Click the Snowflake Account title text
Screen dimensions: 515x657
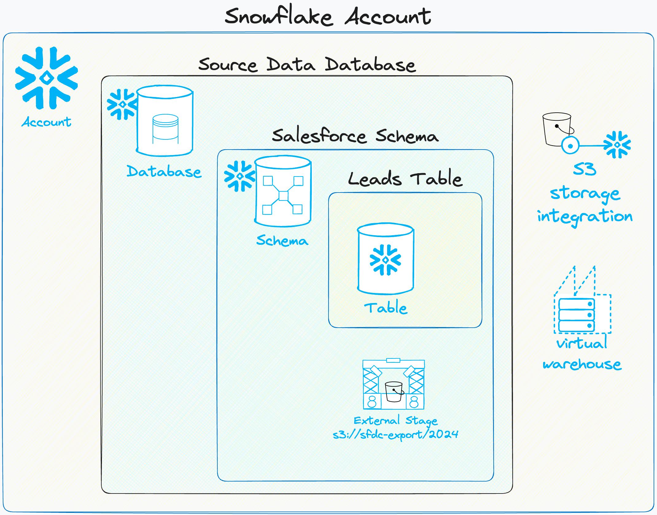click(328, 17)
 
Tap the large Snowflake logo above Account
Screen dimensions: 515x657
click(46, 78)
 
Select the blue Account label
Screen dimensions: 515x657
click(46, 122)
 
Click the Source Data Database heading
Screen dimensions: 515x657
click(307, 64)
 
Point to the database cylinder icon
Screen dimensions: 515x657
click(165, 121)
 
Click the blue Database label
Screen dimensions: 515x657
click(164, 171)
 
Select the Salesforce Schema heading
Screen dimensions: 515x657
click(355, 136)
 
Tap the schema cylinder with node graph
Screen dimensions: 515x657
click(283, 191)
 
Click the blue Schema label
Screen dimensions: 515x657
click(282, 240)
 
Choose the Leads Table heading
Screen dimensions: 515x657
click(405, 179)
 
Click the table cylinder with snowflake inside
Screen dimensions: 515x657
click(386, 259)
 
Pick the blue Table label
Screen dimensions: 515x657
click(386, 308)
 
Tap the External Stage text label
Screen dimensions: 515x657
click(395, 420)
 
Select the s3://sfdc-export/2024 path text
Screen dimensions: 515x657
click(395, 435)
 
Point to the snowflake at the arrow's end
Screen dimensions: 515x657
click(617, 145)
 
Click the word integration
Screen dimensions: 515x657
click(585, 217)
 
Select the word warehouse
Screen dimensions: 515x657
click(582, 365)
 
